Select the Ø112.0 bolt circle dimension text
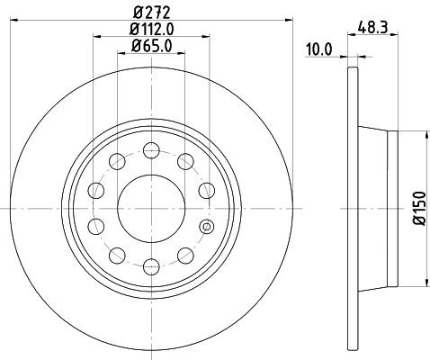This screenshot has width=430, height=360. (x=150, y=30)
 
